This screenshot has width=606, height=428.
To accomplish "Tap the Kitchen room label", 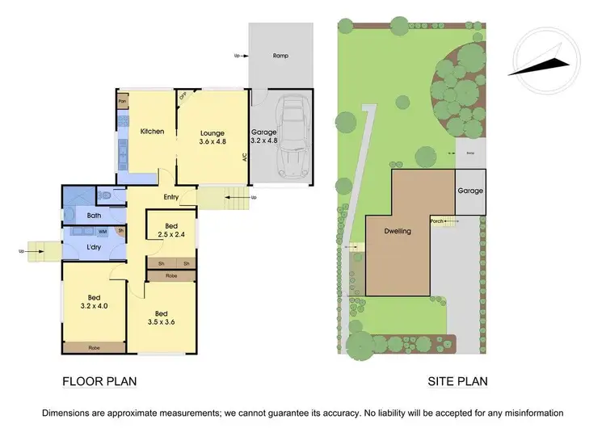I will pyautogui.click(x=153, y=132).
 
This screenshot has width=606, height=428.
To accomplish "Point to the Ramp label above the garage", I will pyautogui.click(x=280, y=56).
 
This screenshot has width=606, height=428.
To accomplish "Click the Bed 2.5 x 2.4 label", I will pyautogui.click(x=171, y=230).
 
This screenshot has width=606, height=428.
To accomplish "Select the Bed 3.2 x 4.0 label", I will pyautogui.click(x=93, y=301).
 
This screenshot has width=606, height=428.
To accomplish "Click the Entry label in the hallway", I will pyautogui.click(x=170, y=197).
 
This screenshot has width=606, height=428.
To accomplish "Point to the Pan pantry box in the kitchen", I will pyautogui.click(x=123, y=102).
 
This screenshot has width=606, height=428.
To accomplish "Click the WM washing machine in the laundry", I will pyautogui.click(x=103, y=232).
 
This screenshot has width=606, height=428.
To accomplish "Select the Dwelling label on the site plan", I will pyautogui.click(x=397, y=231).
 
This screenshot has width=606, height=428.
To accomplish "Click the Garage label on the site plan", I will pyautogui.click(x=470, y=191).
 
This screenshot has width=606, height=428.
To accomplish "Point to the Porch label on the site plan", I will pyautogui.click(x=436, y=220).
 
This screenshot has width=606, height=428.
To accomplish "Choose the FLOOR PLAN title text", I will pyautogui.click(x=99, y=381).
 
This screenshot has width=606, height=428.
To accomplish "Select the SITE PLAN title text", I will pyautogui.click(x=457, y=381).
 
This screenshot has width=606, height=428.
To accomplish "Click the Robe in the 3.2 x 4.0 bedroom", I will pyautogui.click(x=94, y=347).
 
